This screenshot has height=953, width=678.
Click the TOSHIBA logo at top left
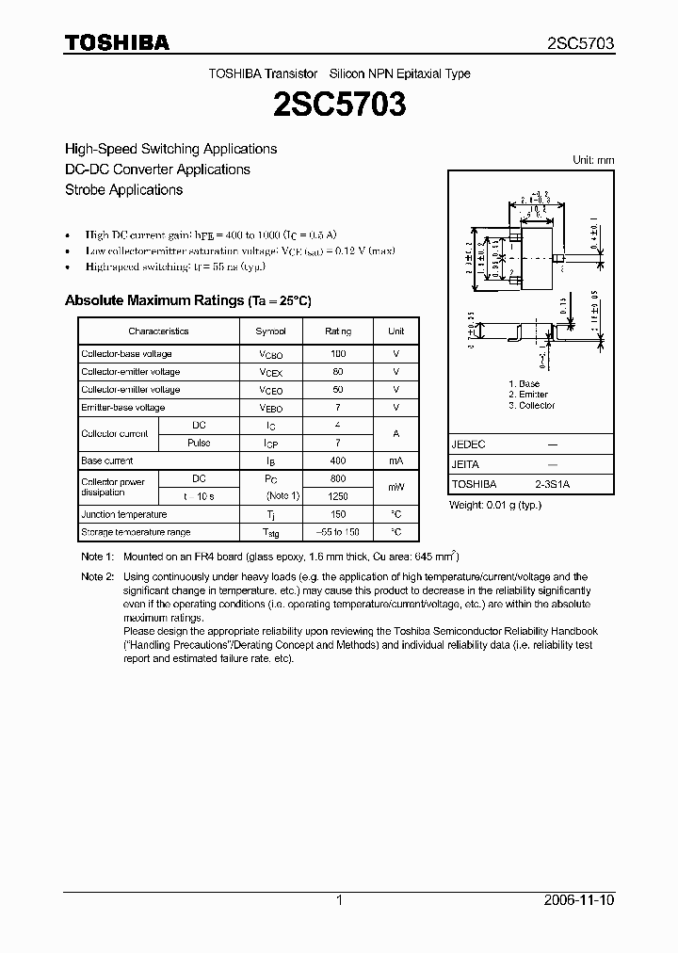[117, 42]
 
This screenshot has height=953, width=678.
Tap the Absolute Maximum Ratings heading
[187, 300]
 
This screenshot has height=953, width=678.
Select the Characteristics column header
[158, 331]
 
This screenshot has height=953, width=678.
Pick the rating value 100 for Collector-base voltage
[338, 354]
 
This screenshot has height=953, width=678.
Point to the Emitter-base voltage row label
[123, 408]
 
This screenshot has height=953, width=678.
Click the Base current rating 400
[338, 461]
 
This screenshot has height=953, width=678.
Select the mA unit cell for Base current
[395, 461]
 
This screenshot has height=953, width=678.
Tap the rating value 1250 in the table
[338, 496]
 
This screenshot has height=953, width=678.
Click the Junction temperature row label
[124, 515]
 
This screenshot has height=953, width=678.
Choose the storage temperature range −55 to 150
[338, 533]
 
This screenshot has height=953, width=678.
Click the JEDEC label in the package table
[468, 444]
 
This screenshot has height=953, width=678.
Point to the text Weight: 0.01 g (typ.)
[496, 506]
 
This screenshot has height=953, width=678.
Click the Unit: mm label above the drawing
[593, 161]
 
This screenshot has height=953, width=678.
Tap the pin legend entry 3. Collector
[531, 406]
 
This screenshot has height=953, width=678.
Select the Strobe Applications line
[123, 190]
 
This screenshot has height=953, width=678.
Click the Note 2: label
[97, 576]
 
